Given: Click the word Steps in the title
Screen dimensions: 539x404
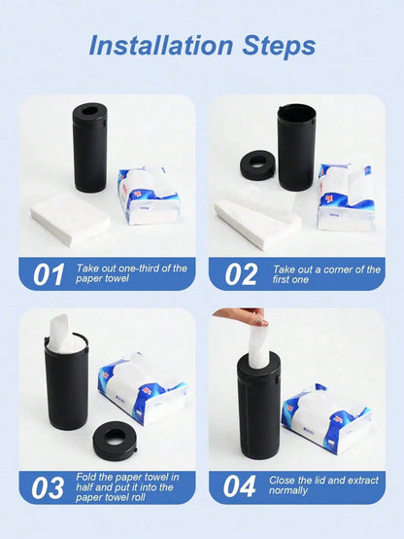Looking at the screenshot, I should coord(273,46).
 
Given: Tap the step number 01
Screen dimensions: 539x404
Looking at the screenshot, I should coord(49,274).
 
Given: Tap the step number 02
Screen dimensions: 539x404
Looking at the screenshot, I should coord(240,274).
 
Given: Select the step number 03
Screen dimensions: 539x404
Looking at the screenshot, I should coord(49,486).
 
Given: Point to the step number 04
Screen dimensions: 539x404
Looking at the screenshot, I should coord(240,486).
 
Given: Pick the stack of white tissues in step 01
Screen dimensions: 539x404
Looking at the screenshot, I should coord(69,218).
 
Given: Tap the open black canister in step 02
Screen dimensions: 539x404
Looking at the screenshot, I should coord(296,147).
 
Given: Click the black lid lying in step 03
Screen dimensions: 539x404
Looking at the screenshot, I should coord(121,440).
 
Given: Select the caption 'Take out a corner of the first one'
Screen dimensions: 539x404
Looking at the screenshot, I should coord(325,274).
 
